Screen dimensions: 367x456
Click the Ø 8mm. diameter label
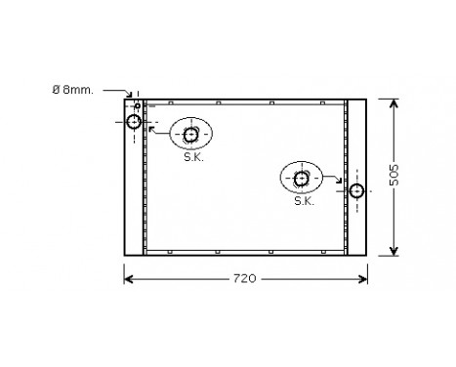point(74,90)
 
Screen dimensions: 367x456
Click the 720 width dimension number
point(244,279)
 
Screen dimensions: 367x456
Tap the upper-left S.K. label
point(192,156)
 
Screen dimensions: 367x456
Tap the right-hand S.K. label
point(303,201)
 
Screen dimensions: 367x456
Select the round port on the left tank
point(134,121)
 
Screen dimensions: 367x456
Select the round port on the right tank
point(357,190)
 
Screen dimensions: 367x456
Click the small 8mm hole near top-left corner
point(138,105)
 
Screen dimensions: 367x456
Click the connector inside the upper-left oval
point(191,134)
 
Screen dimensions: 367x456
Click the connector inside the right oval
point(302,178)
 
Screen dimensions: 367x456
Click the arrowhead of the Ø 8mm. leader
point(135,99)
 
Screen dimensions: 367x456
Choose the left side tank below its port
point(134,195)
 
